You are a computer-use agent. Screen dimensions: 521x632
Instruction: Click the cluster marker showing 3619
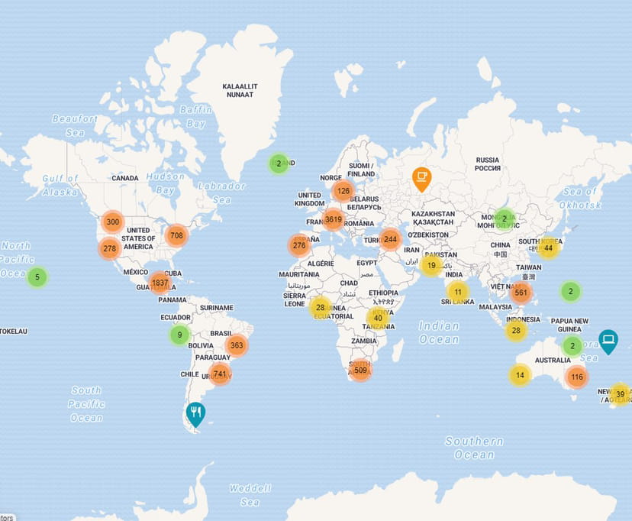333,220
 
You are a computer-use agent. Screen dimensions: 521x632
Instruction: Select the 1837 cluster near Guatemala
160,283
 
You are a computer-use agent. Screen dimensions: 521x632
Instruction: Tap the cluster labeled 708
176,235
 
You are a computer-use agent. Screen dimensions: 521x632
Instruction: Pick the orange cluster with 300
112,222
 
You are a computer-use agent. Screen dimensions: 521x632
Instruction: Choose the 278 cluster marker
109,248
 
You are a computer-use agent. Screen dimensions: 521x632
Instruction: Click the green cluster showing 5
37,277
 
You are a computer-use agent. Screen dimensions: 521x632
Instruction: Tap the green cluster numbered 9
179,334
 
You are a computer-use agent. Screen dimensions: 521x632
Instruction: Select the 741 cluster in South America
220,373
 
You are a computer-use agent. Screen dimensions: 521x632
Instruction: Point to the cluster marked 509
360,371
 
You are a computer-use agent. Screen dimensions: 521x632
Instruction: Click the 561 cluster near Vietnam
521,292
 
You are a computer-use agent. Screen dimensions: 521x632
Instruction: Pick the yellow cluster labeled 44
548,248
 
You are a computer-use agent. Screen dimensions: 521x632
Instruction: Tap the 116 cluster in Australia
576,377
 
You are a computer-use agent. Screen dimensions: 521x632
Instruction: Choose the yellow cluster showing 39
620,394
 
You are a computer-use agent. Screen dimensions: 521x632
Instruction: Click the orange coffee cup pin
421,178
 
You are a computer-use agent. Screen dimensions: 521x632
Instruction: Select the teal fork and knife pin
196,414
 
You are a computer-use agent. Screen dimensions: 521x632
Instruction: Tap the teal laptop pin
608,340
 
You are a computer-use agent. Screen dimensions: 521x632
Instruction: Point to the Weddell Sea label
250,495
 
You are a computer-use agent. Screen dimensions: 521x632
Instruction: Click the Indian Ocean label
439,332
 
